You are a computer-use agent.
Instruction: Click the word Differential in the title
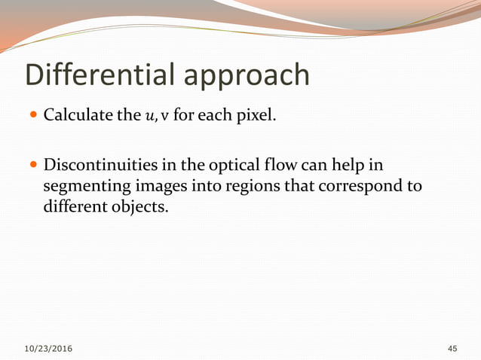click(99, 75)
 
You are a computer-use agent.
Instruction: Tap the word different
click(73, 206)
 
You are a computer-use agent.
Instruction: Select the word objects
click(136, 206)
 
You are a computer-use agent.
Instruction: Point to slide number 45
click(452, 349)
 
